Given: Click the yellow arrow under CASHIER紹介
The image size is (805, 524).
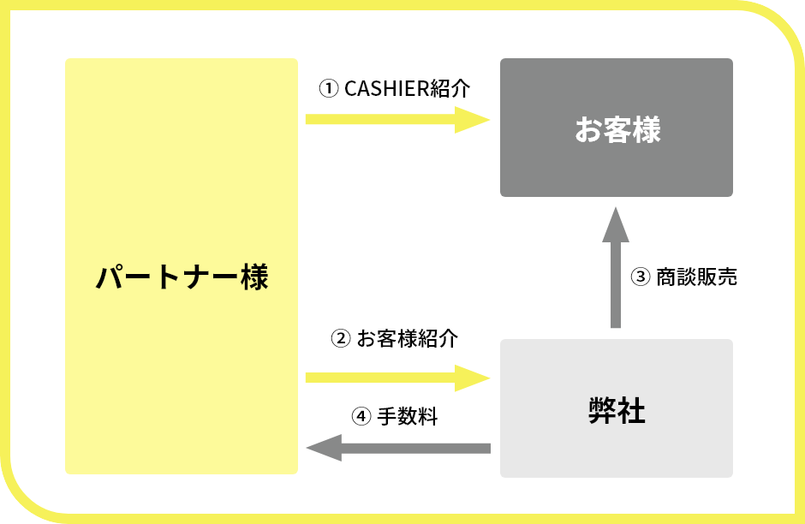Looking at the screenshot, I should pyautogui.click(x=394, y=119).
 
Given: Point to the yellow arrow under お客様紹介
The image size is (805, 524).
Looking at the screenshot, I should pyautogui.click(x=394, y=378).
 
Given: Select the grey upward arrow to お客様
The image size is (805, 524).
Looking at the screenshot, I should pyautogui.click(x=615, y=274).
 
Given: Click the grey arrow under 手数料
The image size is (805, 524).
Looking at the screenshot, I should pyautogui.click(x=402, y=447).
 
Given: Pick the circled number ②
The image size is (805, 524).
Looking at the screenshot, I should pyautogui.click(x=340, y=339).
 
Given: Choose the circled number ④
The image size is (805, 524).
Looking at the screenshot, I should pyautogui.click(x=361, y=417).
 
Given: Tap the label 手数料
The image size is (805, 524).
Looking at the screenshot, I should pyautogui.click(x=408, y=417).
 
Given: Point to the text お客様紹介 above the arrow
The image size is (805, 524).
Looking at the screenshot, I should pyautogui.click(x=407, y=339).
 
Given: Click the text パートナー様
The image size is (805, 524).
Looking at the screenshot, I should pyautogui.click(x=181, y=277).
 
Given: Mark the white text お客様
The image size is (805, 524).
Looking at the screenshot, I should pyautogui.click(x=617, y=131).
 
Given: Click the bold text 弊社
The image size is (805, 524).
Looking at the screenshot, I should pyautogui.click(x=617, y=411).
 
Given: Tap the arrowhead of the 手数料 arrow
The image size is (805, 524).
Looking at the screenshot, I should pyautogui.click(x=324, y=447).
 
